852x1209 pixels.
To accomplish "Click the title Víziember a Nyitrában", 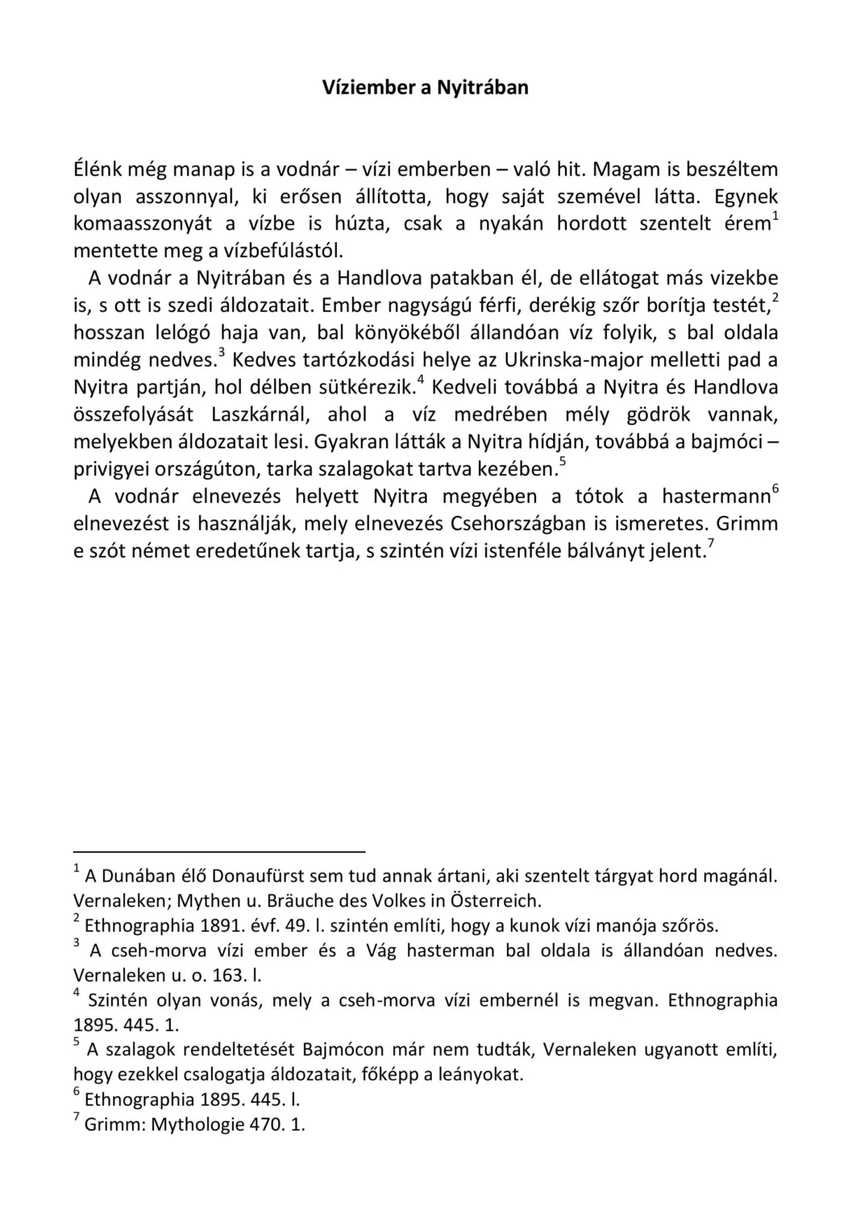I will point(426,87).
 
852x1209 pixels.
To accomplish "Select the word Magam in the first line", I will point(625,169).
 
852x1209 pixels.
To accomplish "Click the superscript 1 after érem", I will point(775,216).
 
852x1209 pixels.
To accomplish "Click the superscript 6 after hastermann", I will point(775,489).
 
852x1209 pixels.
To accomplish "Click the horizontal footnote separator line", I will point(219,850).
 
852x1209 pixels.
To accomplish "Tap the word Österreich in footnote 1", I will point(494,900).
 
